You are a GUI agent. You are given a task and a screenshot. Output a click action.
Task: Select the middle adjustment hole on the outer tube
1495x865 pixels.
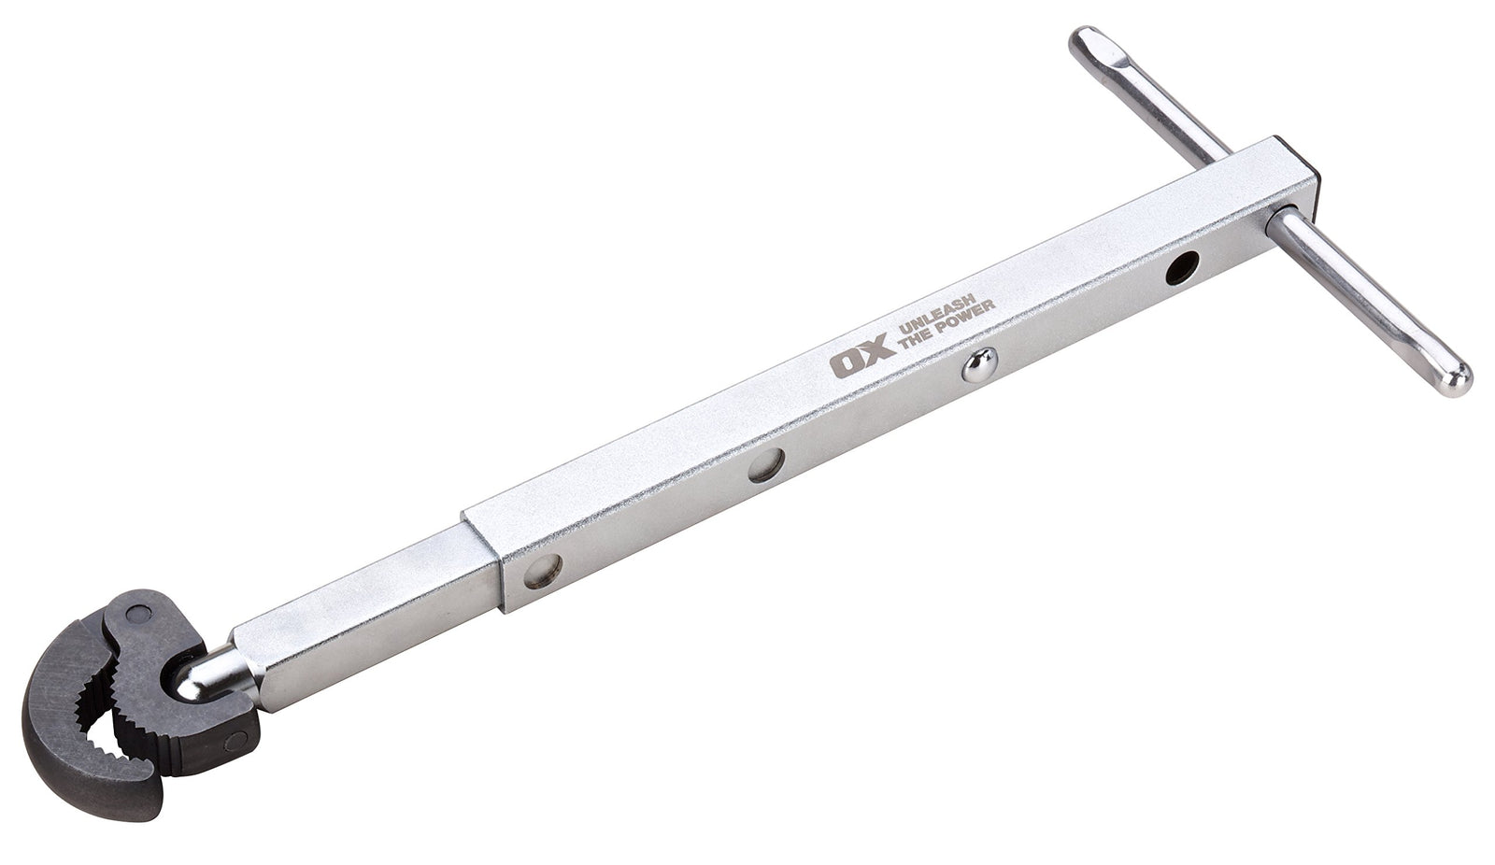[766, 465]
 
